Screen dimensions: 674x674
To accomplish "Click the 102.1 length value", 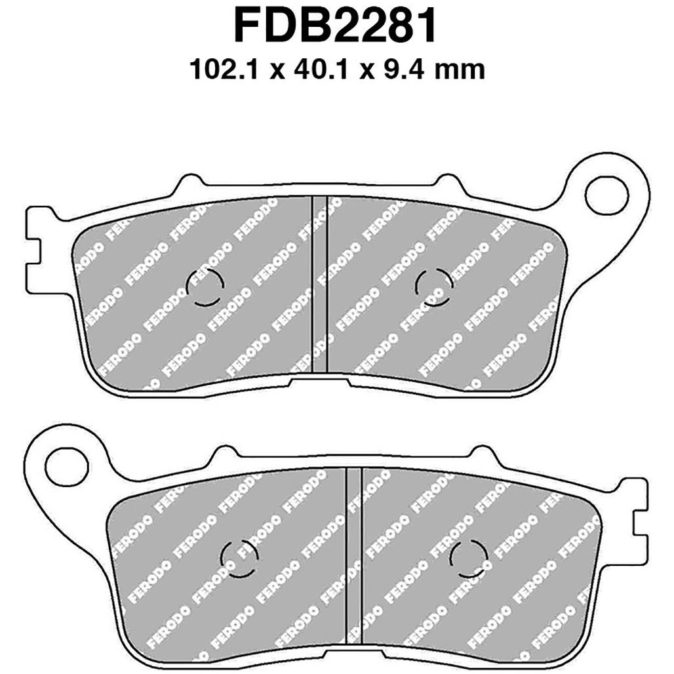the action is [224, 69].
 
